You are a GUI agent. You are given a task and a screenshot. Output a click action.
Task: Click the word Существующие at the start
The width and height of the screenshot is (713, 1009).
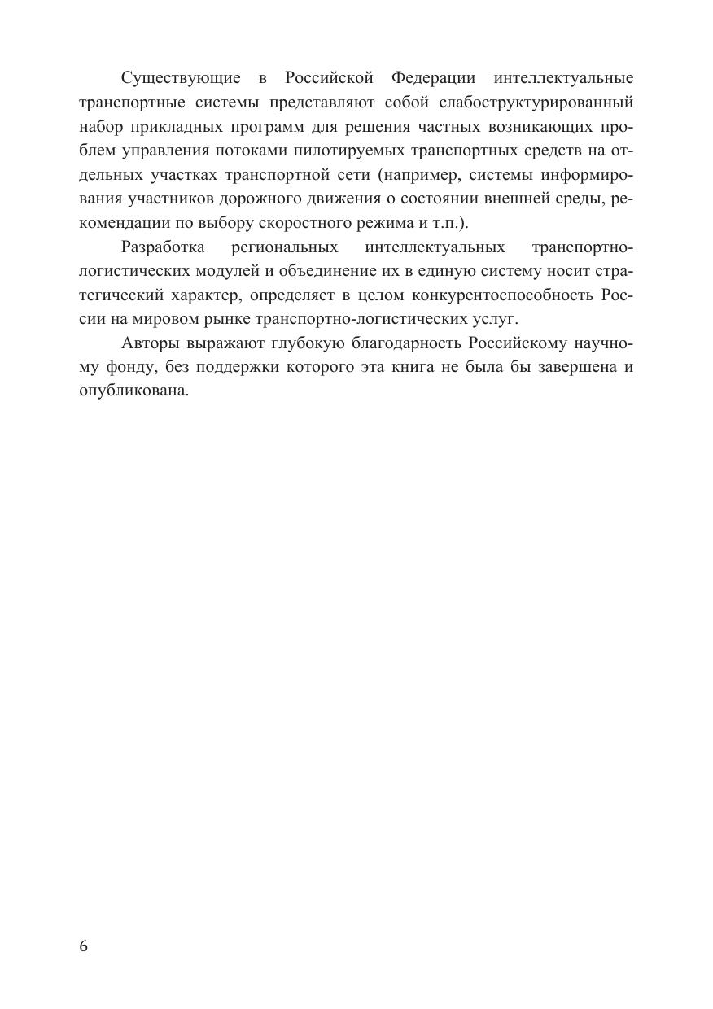[x=181, y=78]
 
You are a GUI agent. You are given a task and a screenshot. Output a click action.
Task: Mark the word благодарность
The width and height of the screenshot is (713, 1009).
[x=401, y=343]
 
